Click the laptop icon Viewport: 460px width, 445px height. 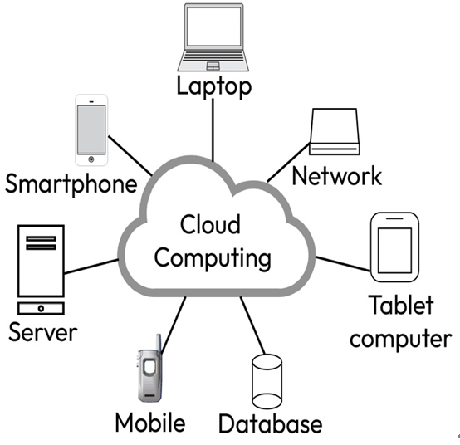pos(213,37)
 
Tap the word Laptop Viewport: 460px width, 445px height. pos(214,86)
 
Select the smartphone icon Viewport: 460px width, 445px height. pos(91,130)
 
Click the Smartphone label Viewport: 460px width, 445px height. pos(71,183)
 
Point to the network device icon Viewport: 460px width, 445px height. pos(335,131)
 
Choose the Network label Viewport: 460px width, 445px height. pos(337,176)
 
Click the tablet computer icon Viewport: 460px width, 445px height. pos(395,247)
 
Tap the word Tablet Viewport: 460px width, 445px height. pos(401,305)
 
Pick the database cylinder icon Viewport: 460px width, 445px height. pos(267,381)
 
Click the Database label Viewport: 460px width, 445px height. pos(271,423)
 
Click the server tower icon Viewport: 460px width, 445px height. pos(41,270)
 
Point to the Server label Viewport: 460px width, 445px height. pos(43,332)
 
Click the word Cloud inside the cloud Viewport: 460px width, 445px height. pos(210,224)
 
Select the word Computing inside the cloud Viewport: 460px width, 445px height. pos(213,258)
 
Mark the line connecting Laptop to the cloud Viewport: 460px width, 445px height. pos(213,130)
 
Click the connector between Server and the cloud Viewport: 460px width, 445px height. pos(91,267)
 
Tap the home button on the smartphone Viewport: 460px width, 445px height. pos(91,159)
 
